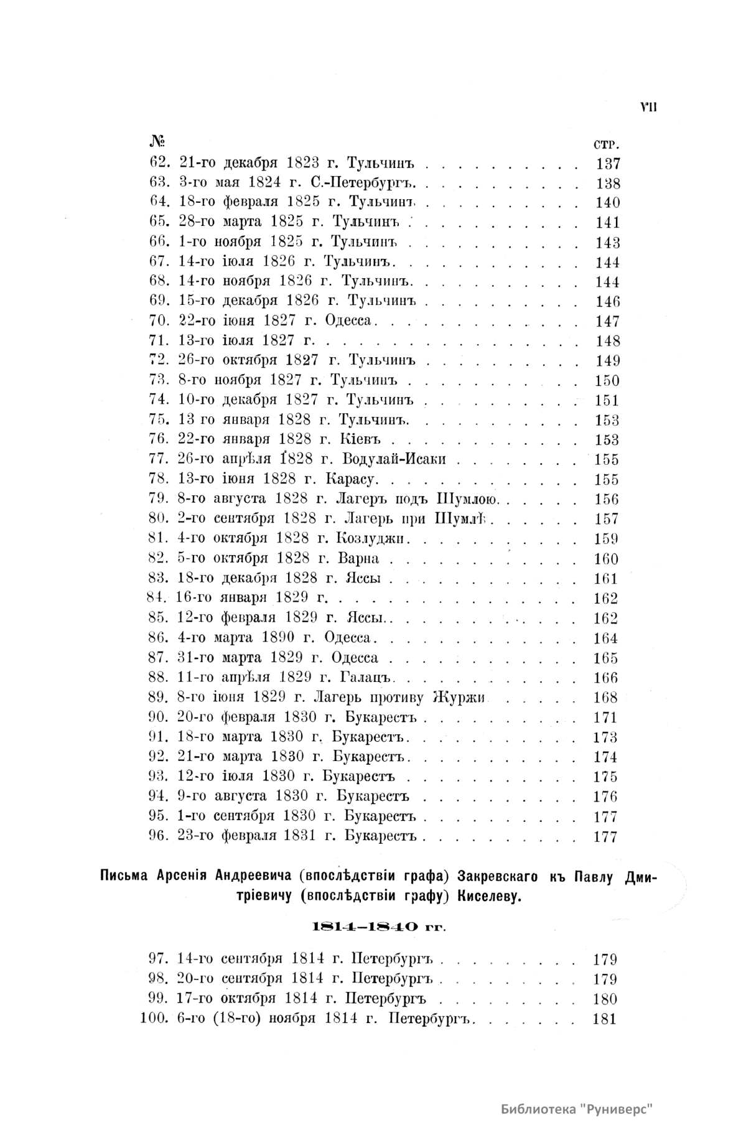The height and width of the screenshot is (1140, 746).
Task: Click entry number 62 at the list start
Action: click(x=160, y=164)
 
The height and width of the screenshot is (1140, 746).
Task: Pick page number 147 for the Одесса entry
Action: click(x=607, y=321)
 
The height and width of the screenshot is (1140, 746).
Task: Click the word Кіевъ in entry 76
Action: click(x=360, y=439)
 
